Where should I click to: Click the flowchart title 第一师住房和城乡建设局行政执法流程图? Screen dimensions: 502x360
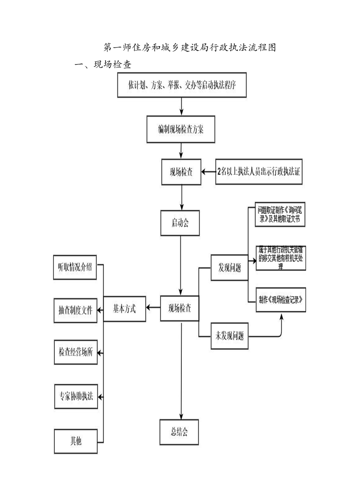[x=190, y=48]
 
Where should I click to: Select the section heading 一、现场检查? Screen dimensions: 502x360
[x=103, y=65]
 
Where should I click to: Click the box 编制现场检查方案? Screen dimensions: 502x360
[x=180, y=130]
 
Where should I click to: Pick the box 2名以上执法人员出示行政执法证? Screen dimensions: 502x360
[x=259, y=172]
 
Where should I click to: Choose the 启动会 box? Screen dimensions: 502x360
[x=180, y=223]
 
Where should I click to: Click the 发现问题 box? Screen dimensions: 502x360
[x=229, y=268]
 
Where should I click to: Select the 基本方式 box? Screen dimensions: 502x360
[x=125, y=309]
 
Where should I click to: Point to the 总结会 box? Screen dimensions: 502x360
[x=179, y=431]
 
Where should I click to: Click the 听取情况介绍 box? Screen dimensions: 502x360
[x=75, y=267]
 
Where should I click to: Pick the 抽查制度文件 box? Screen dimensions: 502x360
[x=75, y=310]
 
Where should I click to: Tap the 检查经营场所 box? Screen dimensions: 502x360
[x=76, y=352]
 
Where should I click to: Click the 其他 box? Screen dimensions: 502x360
[x=76, y=441]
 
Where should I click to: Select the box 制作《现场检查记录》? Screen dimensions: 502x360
[x=281, y=300]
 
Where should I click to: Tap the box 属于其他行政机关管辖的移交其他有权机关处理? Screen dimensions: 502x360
[x=281, y=258]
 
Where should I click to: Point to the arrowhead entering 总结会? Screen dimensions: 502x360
[x=181, y=416]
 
